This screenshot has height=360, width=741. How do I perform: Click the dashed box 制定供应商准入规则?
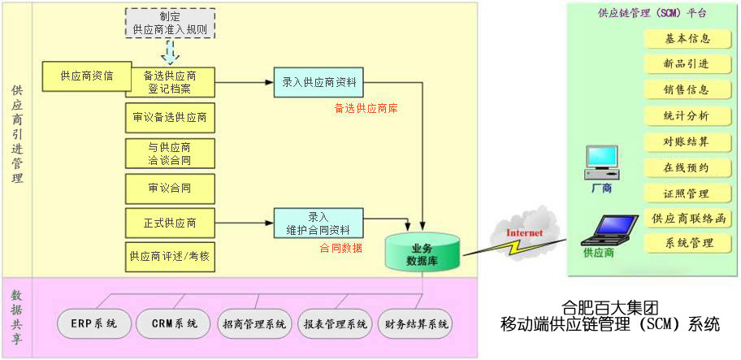(x=170, y=23)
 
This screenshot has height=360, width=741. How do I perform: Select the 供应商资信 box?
(x=86, y=76)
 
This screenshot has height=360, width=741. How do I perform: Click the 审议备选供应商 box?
(x=170, y=118)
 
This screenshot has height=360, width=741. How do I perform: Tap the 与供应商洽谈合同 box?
(x=170, y=154)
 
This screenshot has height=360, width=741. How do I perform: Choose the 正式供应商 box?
(x=170, y=223)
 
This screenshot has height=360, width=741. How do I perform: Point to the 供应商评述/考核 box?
(x=170, y=256)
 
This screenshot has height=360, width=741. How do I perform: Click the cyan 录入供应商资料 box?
(x=318, y=82)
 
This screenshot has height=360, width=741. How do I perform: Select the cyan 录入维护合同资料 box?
(x=318, y=223)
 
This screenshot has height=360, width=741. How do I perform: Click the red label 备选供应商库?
(x=366, y=107)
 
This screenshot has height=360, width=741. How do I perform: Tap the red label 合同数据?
(x=340, y=248)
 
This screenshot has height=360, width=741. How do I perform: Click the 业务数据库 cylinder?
(x=422, y=253)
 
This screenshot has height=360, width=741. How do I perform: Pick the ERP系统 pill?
(x=93, y=324)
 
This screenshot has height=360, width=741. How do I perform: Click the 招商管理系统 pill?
(x=254, y=324)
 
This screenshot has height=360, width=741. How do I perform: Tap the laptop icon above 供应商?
(x=605, y=231)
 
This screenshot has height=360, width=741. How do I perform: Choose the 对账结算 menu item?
(x=687, y=142)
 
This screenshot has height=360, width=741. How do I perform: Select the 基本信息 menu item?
(x=687, y=38)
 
